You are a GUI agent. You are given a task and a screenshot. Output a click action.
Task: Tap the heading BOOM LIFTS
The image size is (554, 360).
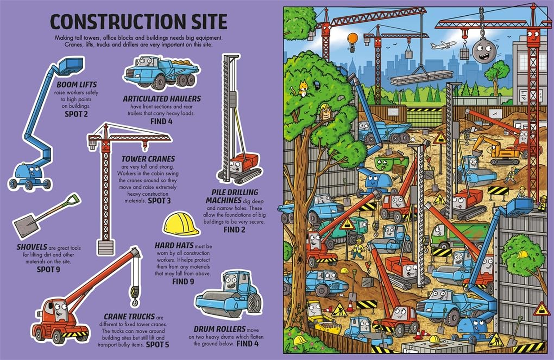[x=76, y=84]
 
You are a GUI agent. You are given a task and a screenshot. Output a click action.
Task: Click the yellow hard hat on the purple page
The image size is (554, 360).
[x=181, y=224]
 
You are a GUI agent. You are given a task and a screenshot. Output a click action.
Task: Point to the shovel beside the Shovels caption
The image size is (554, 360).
[x=45, y=216]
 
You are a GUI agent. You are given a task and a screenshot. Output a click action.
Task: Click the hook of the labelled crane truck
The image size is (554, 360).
[x=134, y=295]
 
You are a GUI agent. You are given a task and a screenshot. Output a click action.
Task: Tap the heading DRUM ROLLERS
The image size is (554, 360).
[x=219, y=329]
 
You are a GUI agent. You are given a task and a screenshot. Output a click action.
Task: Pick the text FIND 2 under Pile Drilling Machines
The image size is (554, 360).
[x=234, y=229]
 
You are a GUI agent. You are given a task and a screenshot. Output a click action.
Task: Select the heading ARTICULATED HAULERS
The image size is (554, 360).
[x=162, y=98]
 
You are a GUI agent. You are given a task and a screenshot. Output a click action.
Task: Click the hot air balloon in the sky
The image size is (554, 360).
[x=353, y=39]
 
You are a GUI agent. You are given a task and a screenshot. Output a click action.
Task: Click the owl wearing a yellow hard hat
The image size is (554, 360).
[x=325, y=112]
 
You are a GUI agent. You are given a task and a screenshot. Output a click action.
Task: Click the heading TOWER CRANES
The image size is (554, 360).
[x=148, y=159]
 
